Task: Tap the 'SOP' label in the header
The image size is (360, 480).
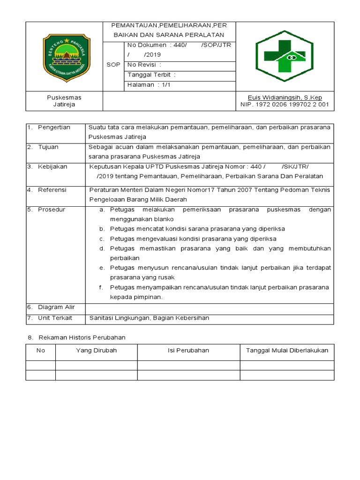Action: click(x=113, y=65)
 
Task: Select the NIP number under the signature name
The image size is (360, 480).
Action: click(x=285, y=105)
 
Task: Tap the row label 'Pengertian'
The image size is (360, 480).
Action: click(x=54, y=127)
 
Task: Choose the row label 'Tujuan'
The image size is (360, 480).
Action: click(x=48, y=147)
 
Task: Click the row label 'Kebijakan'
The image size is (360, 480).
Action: click(x=52, y=167)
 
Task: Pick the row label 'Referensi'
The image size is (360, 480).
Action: click(x=52, y=190)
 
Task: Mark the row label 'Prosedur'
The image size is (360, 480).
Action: click(x=52, y=210)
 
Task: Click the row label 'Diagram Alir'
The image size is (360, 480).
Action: click(x=56, y=307)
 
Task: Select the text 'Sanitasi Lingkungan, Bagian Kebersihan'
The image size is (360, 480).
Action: click(x=149, y=318)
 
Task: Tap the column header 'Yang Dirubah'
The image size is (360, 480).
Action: click(x=96, y=351)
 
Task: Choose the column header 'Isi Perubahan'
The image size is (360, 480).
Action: click(x=188, y=351)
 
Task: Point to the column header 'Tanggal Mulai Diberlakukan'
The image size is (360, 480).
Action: click(x=287, y=351)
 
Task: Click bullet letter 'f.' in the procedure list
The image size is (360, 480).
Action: click(x=101, y=287)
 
